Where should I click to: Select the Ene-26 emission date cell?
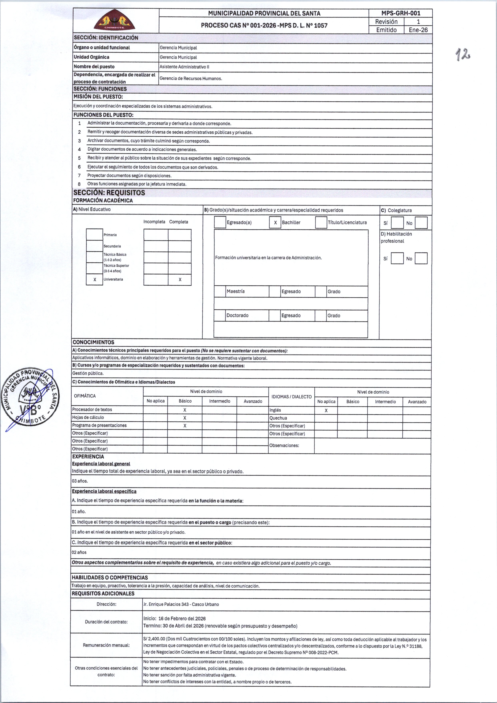418,30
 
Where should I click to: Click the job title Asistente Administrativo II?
184,67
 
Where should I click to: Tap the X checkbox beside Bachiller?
275,223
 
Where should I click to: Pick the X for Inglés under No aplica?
326,410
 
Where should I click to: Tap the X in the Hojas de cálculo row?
185,418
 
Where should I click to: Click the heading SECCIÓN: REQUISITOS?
109,193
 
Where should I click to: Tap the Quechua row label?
278,418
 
